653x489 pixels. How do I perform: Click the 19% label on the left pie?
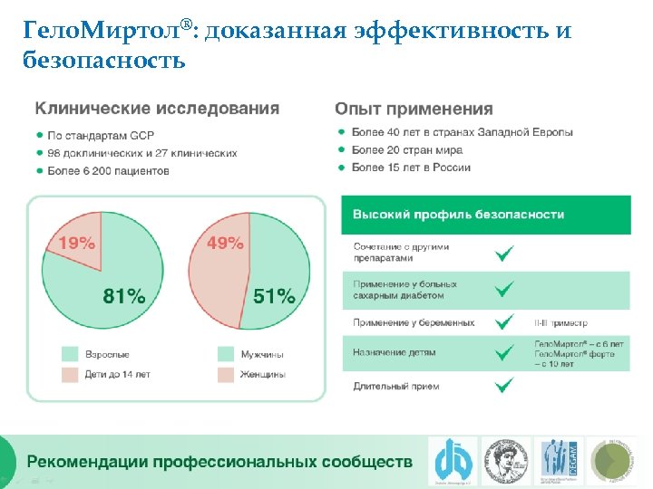[x=76, y=243]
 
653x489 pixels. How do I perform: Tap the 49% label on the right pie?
[x=225, y=243]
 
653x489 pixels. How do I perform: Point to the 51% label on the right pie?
[x=274, y=295]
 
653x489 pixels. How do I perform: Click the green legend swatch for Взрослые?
[x=70, y=354]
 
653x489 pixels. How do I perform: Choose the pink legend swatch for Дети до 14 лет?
[x=70, y=373]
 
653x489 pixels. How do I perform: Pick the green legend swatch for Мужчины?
[x=225, y=354]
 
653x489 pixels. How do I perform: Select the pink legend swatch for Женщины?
[x=225, y=373]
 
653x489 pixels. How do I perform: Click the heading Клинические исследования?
[x=157, y=109]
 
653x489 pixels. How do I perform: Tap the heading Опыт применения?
[x=414, y=109]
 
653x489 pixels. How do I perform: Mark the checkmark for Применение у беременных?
[x=503, y=322]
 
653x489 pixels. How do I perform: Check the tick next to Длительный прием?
[x=503, y=386]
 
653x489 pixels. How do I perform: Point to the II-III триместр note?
[x=561, y=322]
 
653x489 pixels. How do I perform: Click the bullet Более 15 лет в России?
[x=410, y=168]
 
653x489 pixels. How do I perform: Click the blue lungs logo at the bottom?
[x=449, y=460]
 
